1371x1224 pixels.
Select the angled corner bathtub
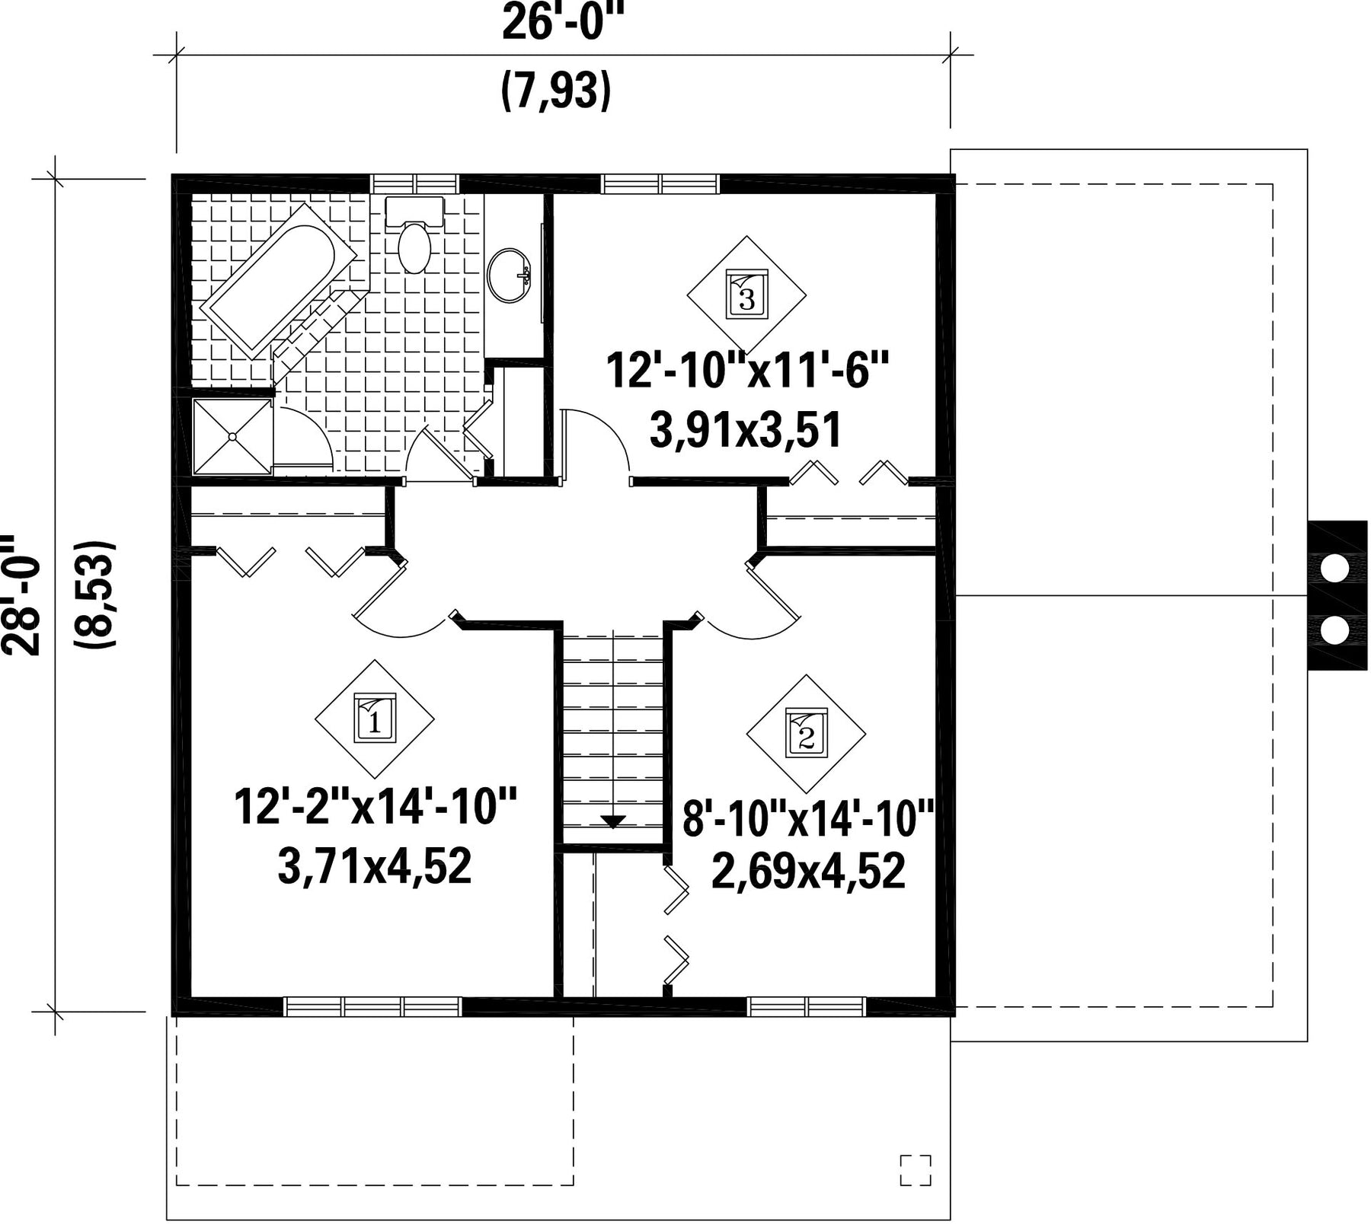click(278, 281)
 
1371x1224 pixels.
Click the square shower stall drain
click(232, 436)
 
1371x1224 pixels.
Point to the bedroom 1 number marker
click(375, 717)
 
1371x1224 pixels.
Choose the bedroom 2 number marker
click(806, 732)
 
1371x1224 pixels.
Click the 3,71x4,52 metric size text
click(375, 867)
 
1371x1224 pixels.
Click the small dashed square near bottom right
click(916, 1170)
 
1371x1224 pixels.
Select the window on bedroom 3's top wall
click(660, 183)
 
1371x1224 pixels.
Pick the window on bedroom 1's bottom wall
click(372, 1006)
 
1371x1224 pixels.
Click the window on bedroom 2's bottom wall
click(807, 1006)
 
